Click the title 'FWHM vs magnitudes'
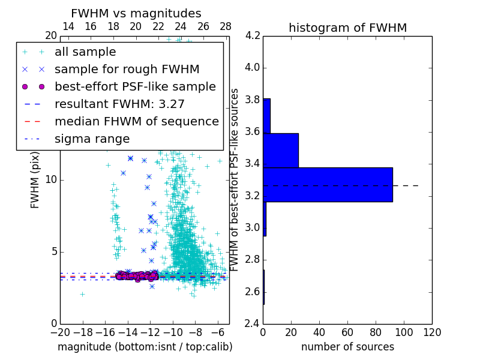pos(136,13)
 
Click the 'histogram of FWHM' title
pos(347,28)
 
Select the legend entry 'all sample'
pos(85,52)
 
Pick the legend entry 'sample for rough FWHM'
pos(127,69)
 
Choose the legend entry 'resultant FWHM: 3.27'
pos(119,104)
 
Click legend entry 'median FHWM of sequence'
pos(136,121)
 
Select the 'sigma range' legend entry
pos(92,139)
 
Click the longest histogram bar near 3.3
pos(328,184)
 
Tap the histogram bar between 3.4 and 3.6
pos(281,150)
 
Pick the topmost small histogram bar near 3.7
pos(266,116)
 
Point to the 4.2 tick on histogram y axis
pos(252,35)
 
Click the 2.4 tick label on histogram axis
pos(252,324)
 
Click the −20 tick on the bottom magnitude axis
pos(60,332)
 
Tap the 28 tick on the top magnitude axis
pos(226,26)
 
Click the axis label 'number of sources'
pos(347,347)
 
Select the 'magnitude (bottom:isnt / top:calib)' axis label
pos(145,347)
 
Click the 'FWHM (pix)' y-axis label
pos(35,180)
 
